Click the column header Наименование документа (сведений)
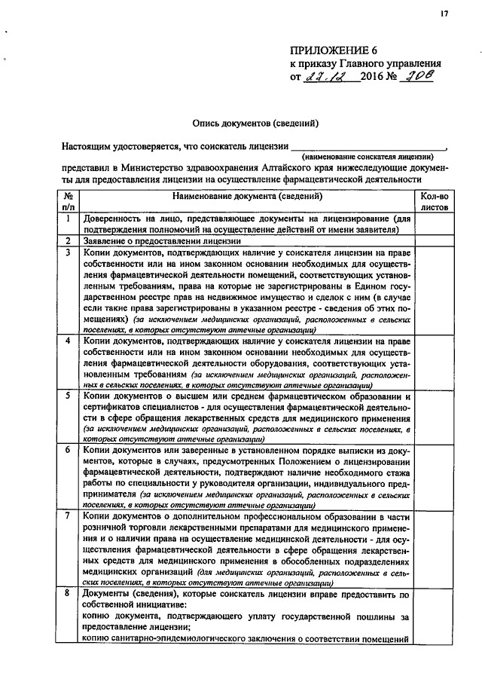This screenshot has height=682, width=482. coord(247,196)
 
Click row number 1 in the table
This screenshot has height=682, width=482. coord(69,219)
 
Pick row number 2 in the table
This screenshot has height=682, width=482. coord(69,241)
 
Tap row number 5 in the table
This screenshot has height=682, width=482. coord(69,396)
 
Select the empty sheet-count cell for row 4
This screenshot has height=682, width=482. coord(434,362)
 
